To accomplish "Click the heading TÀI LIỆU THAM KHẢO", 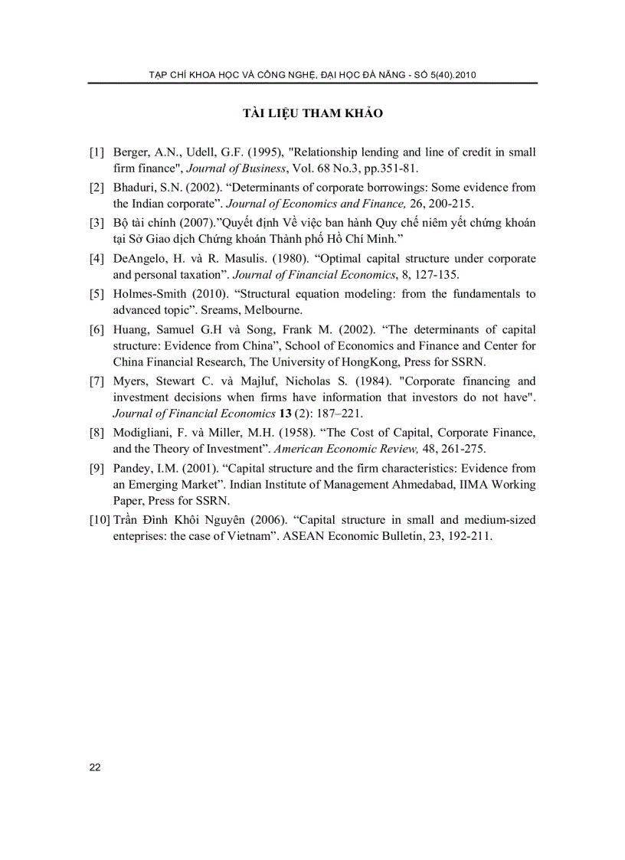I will pos(312,114).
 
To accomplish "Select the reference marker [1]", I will pos(97,152).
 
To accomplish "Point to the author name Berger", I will pos(131,152).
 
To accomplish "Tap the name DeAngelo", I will pos(139,259).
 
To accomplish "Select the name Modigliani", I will pos(142,433).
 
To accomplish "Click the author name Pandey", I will pos(133,468).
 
